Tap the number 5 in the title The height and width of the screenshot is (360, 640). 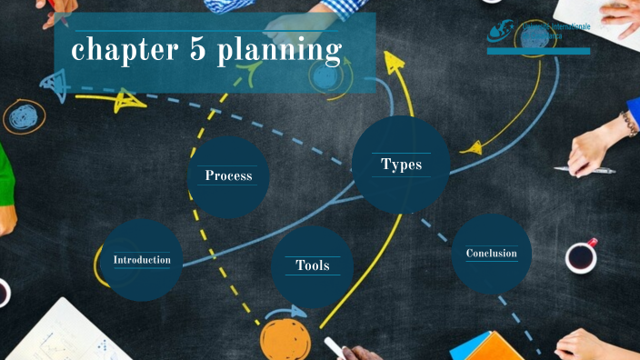click(197, 51)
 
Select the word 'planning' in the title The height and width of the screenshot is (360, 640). click(278, 53)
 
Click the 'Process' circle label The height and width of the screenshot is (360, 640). click(228, 175)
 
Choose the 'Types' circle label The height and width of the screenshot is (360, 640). click(401, 165)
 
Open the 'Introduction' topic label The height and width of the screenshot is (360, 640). click(142, 260)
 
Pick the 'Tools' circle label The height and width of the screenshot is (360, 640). click(312, 265)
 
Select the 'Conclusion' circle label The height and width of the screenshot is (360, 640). click(491, 254)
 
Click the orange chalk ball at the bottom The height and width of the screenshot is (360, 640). click(285, 338)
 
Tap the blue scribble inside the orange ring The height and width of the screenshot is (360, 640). click(24, 117)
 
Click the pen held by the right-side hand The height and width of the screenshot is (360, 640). click(585, 170)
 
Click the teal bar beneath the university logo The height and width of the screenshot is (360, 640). click(538, 51)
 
